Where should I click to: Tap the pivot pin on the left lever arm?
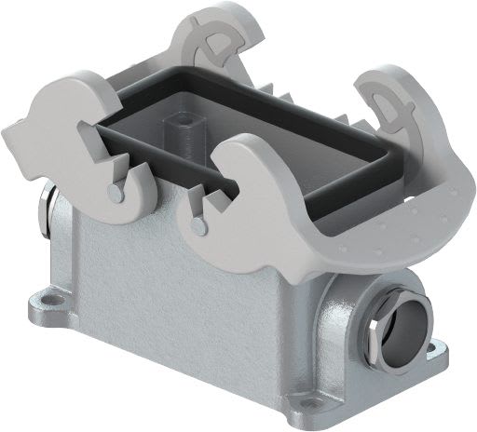pos(114,191)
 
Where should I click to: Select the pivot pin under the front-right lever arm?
pos(195,224)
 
